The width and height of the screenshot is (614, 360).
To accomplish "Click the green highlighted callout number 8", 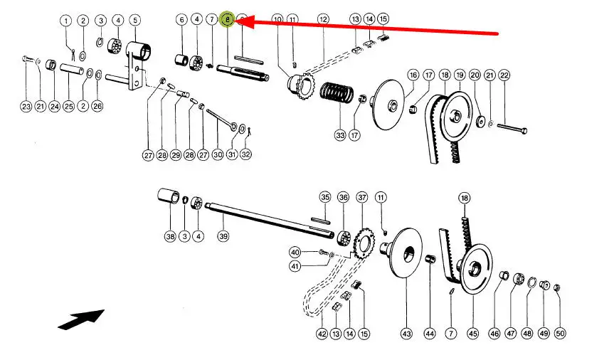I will [x=228, y=20].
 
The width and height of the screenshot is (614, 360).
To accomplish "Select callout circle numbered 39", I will [x=223, y=236].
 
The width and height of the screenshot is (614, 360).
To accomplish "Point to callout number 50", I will [x=560, y=332].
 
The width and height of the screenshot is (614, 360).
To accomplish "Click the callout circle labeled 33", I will [x=340, y=134].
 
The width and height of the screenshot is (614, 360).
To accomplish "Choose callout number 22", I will [x=504, y=75].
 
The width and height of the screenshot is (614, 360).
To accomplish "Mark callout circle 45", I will [x=473, y=332].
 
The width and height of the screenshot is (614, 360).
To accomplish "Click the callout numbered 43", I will [x=406, y=332].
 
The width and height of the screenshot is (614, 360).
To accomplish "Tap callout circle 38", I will [x=169, y=236].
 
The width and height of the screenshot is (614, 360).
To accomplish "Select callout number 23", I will [x=26, y=107].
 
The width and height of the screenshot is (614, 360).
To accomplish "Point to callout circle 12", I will [x=324, y=19].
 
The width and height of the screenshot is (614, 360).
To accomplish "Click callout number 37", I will [x=362, y=196].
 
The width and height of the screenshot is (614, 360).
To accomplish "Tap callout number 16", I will [x=413, y=75].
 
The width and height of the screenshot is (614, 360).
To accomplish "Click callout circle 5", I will [x=134, y=19].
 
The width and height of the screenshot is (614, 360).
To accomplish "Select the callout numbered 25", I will [x=68, y=107].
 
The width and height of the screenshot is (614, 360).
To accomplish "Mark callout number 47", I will [x=510, y=332].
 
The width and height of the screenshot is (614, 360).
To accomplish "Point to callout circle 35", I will [x=325, y=196].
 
